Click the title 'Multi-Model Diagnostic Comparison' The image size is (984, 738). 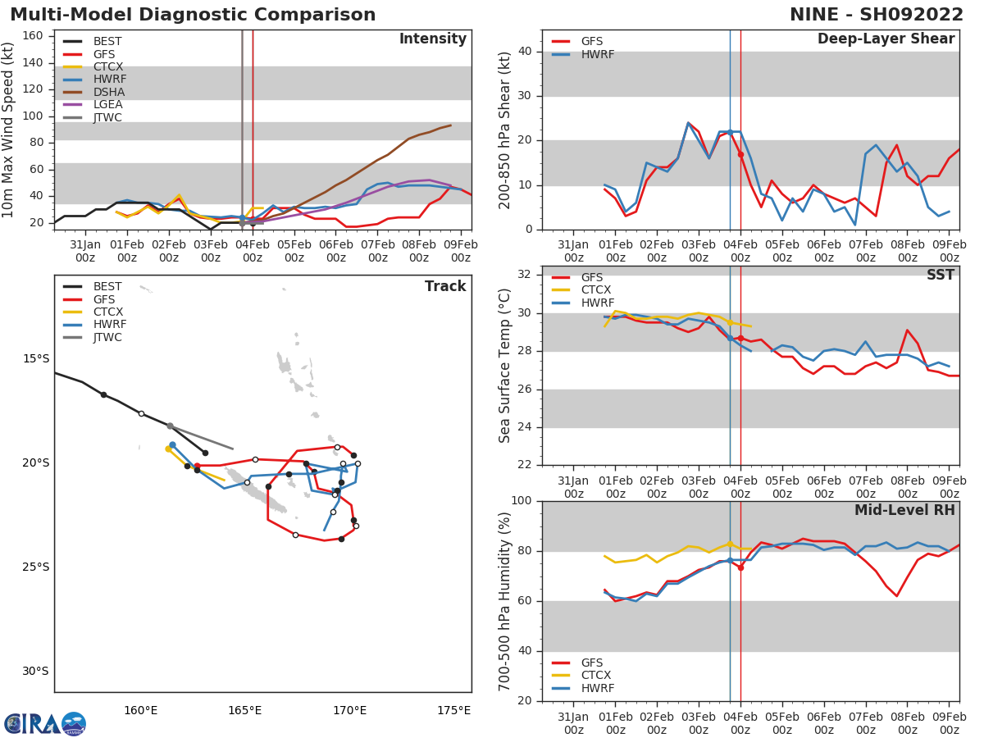point(193,15)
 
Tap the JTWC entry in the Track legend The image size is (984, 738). point(107,337)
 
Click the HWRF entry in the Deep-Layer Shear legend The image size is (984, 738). point(597,54)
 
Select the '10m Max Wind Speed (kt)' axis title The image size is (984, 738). point(9,130)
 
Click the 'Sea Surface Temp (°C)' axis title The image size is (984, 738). point(505,366)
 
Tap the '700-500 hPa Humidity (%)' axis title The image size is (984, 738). point(505,601)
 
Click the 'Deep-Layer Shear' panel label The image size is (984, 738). point(886,39)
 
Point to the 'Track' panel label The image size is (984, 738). point(445,286)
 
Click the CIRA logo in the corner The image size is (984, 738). point(44,723)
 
